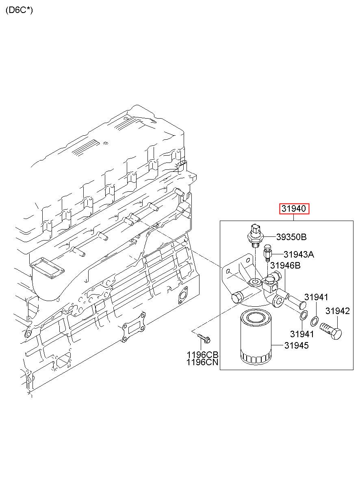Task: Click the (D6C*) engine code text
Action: (19, 10)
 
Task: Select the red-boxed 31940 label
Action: (294, 209)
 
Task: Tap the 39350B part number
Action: (291, 237)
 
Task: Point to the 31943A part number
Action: (299, 255)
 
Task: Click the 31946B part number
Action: (285, 266)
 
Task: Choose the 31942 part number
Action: (337, 311)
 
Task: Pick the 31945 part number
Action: (296, 345)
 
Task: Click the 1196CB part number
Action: (202, 355)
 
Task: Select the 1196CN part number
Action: (202, 362)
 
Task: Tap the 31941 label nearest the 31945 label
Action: (302, 334)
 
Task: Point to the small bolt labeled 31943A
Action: (268, 253)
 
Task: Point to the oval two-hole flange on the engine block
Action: (183, 295)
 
